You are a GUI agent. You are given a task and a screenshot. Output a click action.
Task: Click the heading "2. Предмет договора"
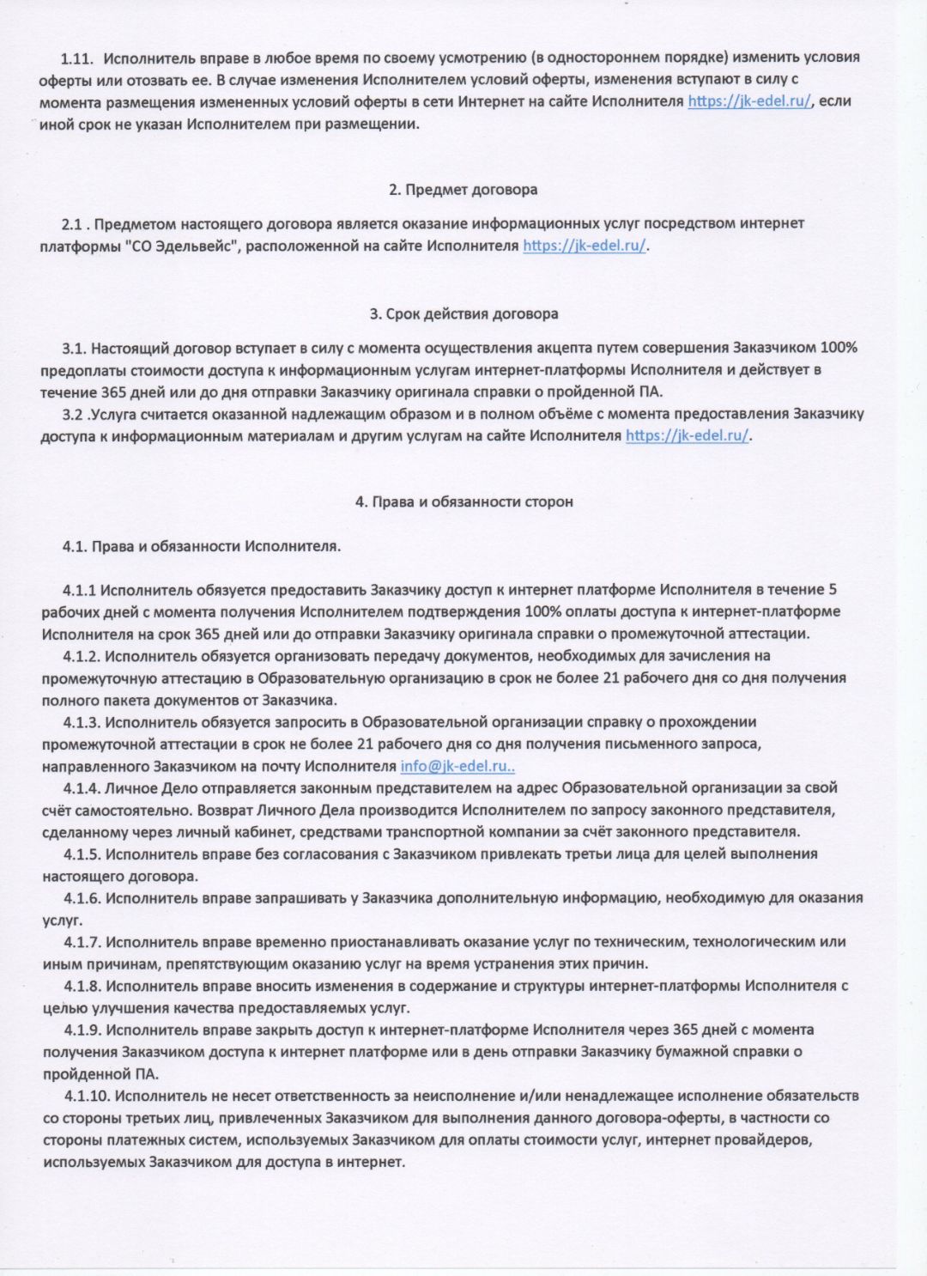(463, 189)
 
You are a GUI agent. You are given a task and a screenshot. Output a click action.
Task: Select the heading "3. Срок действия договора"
(463, 313)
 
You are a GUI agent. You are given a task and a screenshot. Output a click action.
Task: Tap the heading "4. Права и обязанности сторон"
(463, 501)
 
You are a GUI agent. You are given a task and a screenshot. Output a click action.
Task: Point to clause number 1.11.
(76, 58)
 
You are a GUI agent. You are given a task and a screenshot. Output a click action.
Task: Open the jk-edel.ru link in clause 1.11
(749, 101)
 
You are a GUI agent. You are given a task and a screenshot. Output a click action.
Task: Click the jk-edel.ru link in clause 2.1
(585, 246)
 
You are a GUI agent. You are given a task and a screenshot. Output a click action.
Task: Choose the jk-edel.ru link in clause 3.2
(688, 435)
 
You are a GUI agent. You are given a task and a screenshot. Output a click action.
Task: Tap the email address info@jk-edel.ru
(456, 766)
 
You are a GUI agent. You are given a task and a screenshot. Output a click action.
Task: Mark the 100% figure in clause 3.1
(839, 348)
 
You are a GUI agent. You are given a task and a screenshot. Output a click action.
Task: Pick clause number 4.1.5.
(82, 854)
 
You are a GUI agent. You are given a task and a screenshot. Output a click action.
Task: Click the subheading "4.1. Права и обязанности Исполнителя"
(202, 546)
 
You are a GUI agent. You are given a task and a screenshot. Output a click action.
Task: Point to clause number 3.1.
(74, 348)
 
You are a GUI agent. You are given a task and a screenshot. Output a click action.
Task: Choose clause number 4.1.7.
(82, 942)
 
